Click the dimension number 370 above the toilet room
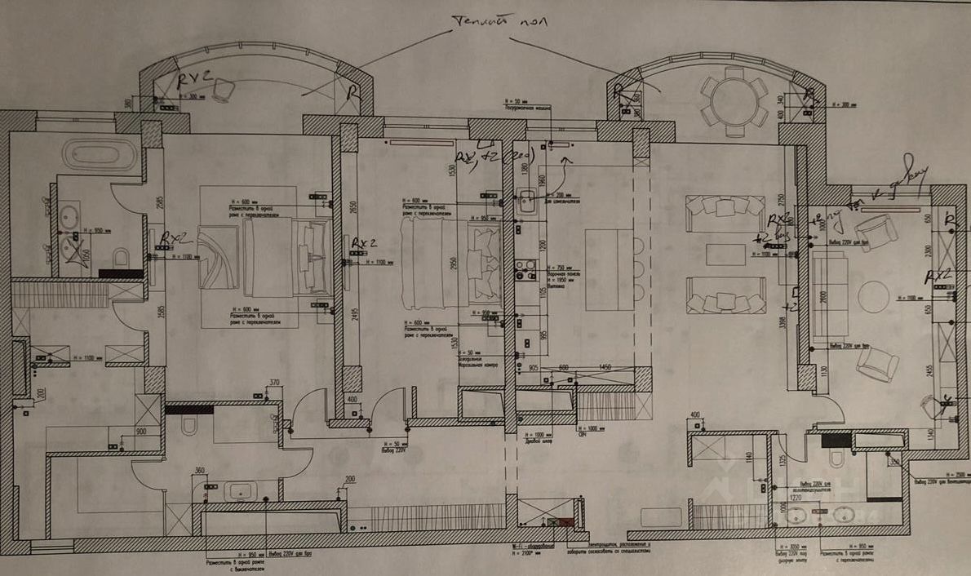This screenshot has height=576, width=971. click(x=274, y=382)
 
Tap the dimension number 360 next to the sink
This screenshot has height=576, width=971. click(x=199, y=470)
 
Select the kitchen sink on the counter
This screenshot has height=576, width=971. click(x=527, y=198)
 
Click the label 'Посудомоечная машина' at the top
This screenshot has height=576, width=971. click(x=531, y=106)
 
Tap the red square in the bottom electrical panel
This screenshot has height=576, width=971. click(x=565, y=521)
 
